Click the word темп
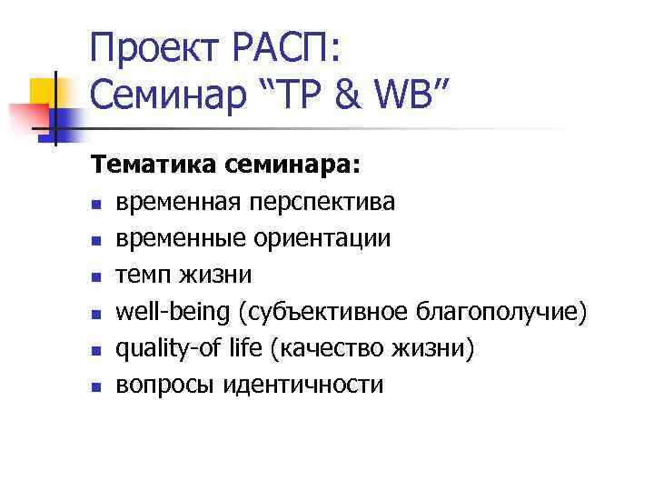143,276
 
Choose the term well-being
172,312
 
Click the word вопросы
157,385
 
